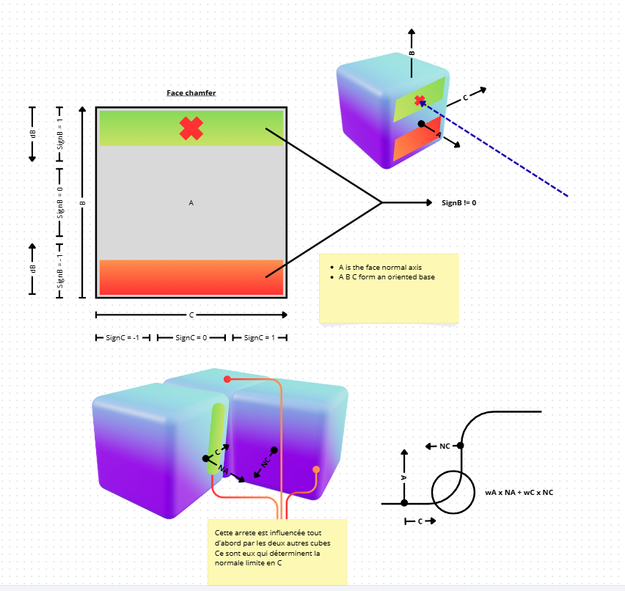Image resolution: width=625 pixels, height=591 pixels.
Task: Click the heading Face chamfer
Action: click(x=191, y=93)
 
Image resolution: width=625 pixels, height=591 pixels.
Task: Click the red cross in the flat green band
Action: click(x=191, y=128)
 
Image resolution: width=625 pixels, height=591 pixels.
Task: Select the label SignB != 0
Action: click(x=459, y=202)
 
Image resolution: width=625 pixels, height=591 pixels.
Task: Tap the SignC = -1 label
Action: click(x=123, y=338)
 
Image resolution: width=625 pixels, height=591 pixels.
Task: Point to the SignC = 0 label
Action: click(x=191, y=338)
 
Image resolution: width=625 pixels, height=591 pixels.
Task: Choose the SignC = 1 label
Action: click(x=260, y=338)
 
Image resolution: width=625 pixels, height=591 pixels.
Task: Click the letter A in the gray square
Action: click(x=191, y=202)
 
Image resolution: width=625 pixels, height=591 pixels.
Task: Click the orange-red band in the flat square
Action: click(x=191, y=277)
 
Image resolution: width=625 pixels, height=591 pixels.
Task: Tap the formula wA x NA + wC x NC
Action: click(x=519, y=492)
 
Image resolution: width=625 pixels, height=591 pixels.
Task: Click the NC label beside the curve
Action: click(x=445, y=446)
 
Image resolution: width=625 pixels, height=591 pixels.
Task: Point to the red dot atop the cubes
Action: click(x=227, y=379)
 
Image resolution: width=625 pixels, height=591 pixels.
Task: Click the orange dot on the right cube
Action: click(x=316, y=469)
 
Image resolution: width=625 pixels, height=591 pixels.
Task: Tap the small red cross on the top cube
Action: click(x=420, y=100)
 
